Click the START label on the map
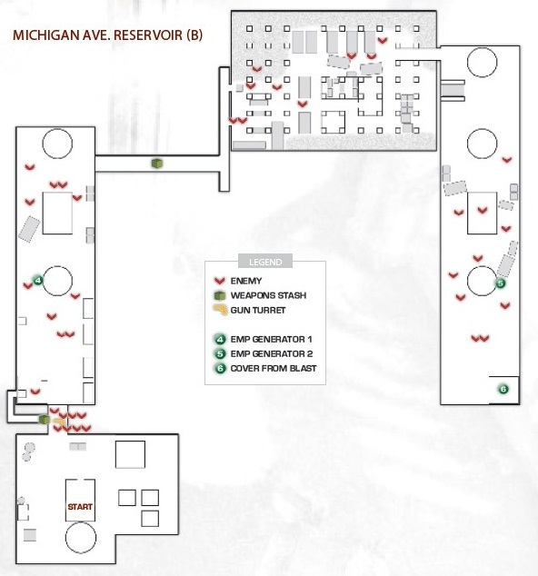80,507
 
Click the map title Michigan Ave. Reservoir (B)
107,35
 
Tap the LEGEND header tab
265,262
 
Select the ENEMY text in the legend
246,281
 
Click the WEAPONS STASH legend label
268,295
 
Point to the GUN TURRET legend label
258,310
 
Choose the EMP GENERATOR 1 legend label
271,339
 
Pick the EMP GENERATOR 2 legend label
272,353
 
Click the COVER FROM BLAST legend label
274,368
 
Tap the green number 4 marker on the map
38,281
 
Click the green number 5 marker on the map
500,283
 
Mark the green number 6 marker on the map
503,389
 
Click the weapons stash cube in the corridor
157,164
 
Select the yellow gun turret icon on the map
60,422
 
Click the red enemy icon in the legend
220,281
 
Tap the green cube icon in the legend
220,295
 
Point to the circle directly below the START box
81,538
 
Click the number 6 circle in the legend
220,368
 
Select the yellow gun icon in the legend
220,310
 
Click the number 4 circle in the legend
220,339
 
